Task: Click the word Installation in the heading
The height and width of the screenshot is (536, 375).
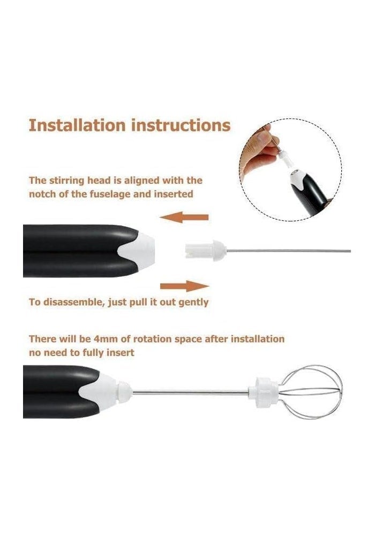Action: click(x=77, y=125)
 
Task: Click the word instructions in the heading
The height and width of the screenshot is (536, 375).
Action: click(x=181, y=125)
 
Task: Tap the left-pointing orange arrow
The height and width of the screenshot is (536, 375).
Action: click(x=184, y=217)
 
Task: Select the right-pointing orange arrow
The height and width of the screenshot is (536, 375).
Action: click(x=184, y=286)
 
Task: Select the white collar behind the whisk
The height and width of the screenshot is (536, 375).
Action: click(x=264, y=392)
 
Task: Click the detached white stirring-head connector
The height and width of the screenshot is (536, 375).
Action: click(x=206, y=250)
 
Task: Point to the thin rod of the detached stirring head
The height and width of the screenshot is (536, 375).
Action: click(x=289, y=251)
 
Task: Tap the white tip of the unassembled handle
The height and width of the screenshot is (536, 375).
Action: click(x=138, y=250)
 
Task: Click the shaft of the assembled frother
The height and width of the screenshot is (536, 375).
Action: click(x=190, y=392)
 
